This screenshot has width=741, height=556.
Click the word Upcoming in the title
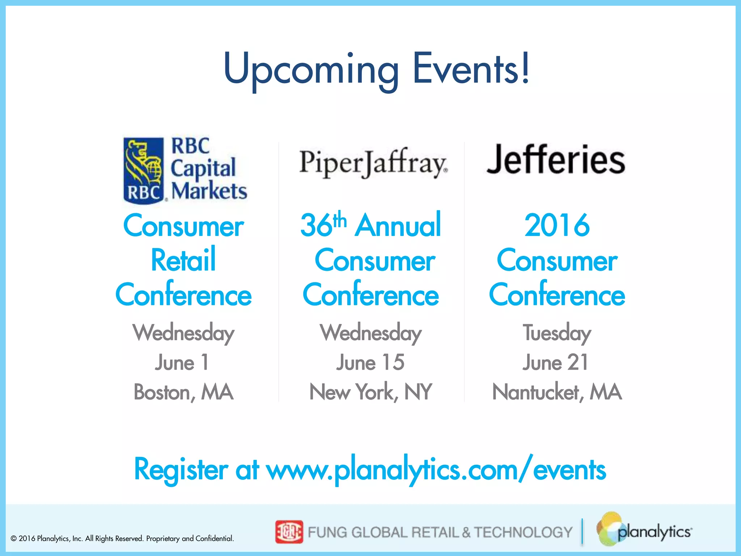pyautogui.click(x=311, y=69)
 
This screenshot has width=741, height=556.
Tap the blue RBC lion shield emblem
pyautogui.click(x=144, y=170)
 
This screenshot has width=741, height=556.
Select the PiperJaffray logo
pyautogui.click(x=373, y=163)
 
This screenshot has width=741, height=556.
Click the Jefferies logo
pyautogui.click(x=556, y=159)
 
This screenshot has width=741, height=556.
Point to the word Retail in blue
pyautogui.click(x=183, y=260)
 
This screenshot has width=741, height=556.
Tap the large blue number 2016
pyautogui.click(x=557, y=225)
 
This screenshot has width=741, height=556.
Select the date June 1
pyautogui.click(x=182, y=362)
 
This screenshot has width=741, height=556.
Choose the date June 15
pyautogui.click(x=370, y=362)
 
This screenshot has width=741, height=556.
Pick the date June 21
pyautogui.click(x=556, y=362)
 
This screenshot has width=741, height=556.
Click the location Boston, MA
pyautogui.click(x=183, y=392)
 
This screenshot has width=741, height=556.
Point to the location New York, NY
pyautogui.click(x=370, y=392)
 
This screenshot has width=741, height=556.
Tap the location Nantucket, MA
pyautogui.click(x=557, y=392)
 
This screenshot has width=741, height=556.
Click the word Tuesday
pyautogui.click(x=557, y=333)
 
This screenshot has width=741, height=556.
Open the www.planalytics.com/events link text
pyautogui.click(x=436, y=470)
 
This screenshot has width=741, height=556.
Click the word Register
pyautogui.click(x=181, y=470)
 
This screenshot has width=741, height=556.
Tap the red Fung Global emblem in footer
pyautogui.click(x=289, y=532)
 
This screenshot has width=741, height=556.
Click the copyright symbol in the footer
pyautogui.click(x=14, y=539)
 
